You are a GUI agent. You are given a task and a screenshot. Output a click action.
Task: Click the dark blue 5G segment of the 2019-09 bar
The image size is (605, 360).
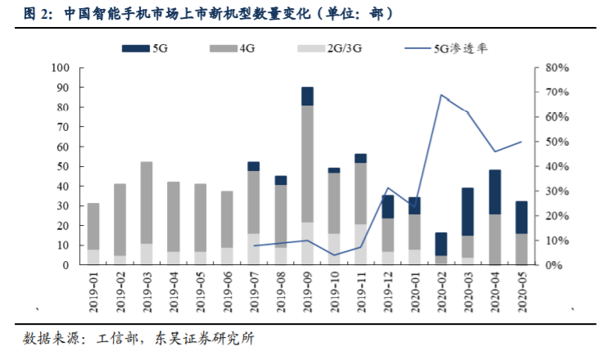pyautogui.click(x=307, y=97)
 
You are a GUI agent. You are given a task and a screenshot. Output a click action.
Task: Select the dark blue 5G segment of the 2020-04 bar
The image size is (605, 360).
pyautogui.click(x=495, y=192)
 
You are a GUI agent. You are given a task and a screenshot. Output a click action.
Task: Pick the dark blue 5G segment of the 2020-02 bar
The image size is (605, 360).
pyautogui.click(x=441, y=244)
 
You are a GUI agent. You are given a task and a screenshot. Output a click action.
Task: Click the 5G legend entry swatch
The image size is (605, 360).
pyautogui.click(x=135, y=48)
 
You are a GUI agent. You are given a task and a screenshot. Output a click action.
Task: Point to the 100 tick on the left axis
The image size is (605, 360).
pyautogui.click(x=59, y=68)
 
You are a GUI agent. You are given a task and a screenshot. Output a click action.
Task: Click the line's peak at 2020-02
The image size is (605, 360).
pyautogui.click(x=441, y=95)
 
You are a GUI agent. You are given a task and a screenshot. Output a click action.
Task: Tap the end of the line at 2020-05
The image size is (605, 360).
pyautogui.click(x=521, y=142)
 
